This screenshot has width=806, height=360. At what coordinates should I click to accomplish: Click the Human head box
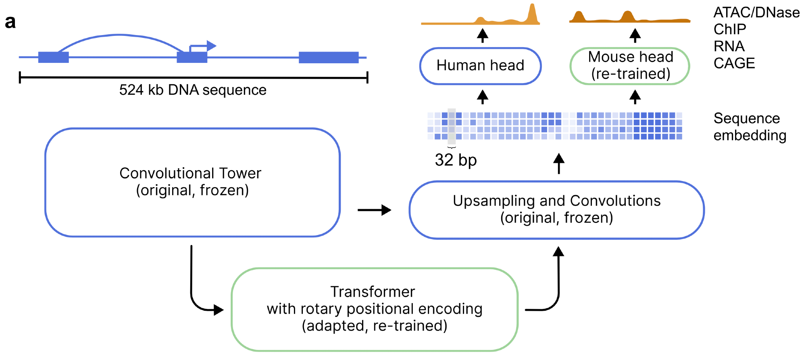(480, 66)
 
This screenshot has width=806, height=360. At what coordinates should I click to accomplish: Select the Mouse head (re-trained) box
(630, 66)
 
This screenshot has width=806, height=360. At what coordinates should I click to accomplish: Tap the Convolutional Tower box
(192, 182)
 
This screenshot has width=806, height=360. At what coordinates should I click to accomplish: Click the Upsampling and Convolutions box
(556, 210)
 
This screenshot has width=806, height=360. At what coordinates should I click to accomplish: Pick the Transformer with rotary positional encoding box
(374, 309)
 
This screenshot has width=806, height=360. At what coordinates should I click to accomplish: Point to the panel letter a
(10, 22)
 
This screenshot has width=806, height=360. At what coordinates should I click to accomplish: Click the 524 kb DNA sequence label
(193, 90)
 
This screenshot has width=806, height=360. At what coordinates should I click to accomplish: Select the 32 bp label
(456, 160)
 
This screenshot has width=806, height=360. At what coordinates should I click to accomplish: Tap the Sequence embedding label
(750, 127)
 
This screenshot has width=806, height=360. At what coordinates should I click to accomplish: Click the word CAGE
(734, 63)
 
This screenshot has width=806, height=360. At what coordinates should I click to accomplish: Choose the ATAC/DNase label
(756, 12)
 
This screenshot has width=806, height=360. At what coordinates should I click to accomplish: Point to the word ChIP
(729, 29)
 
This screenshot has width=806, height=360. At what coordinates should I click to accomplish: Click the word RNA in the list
(729, 46)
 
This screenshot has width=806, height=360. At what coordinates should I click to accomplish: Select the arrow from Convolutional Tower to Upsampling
(374, 210)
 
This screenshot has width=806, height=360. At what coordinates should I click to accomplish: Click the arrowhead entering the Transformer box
(219, 310)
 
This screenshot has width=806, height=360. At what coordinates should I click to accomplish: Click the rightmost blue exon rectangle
(329, 58)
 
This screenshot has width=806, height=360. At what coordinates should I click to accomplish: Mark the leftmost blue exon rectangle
(53, 58)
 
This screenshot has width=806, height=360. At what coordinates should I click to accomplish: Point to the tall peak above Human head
(532, 14)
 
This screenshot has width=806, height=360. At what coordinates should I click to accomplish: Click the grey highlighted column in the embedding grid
(452, 126)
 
